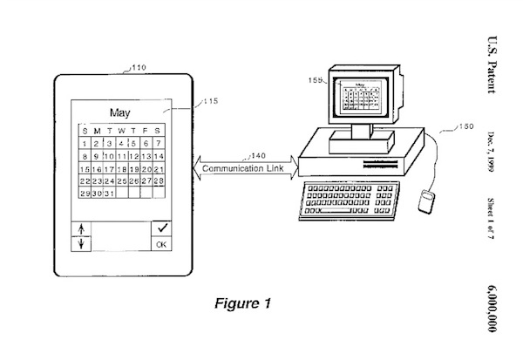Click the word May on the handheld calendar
120,112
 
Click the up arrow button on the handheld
83,229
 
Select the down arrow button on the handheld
83,245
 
